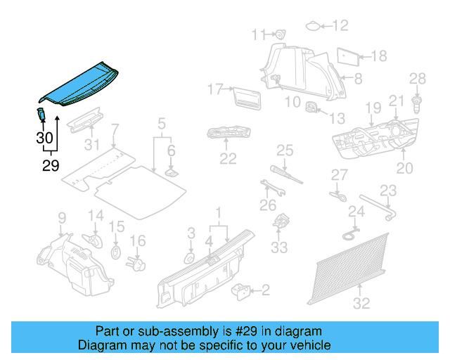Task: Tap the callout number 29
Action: click(51, 166)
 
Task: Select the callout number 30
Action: click(44, 138)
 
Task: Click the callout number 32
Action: click(361, 304)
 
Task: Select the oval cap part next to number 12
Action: click(313, 26)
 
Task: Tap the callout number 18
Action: click(378, 56)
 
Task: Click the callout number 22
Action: click(228, 159)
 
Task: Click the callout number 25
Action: click(284, 149)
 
